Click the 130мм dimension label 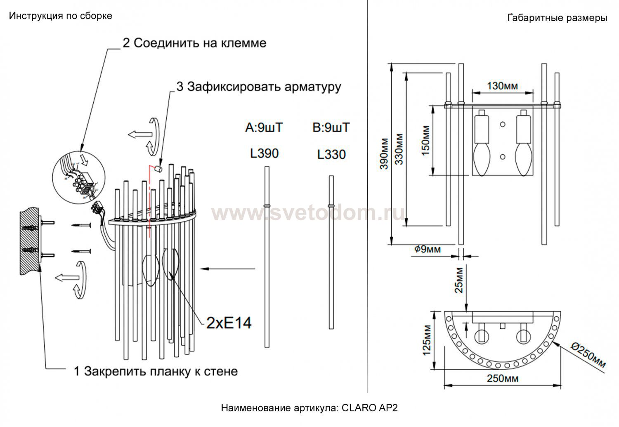point(502,86)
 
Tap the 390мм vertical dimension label point(384,153)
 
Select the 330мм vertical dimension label point(399,149)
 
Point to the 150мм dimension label point(425,141)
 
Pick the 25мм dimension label point(459,280)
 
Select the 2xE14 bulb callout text point(229,323)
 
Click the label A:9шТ point(264,127)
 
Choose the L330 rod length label point(331,154)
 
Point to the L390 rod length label point(264,153)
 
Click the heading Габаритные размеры point(557,18)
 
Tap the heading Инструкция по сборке point(61,16)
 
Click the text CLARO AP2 point(370,408)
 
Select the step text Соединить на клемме point(200,43)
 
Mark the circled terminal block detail point(79,177)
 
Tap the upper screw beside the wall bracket point(81,225)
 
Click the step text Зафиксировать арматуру point(264,87)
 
